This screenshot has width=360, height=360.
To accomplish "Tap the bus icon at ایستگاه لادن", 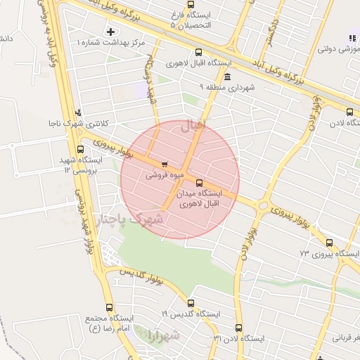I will coord(349,111).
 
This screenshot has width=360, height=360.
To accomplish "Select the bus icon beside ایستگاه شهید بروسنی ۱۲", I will coord(80,149).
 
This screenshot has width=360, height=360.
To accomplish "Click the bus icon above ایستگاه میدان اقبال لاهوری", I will coord(199,182).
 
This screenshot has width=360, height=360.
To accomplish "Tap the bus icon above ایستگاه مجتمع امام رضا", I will coord(109,307).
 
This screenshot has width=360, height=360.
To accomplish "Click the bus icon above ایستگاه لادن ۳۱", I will coord(238,328).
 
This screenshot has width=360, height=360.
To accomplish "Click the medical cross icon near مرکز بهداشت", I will coord(110,32).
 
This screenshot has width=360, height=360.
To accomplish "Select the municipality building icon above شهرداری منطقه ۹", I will coord(227,77).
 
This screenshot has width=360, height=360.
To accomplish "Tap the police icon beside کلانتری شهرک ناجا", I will coord(78,112).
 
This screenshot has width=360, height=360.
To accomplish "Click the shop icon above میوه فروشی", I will coord(165,165).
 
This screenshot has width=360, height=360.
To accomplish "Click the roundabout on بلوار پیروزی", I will coord(263,205).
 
